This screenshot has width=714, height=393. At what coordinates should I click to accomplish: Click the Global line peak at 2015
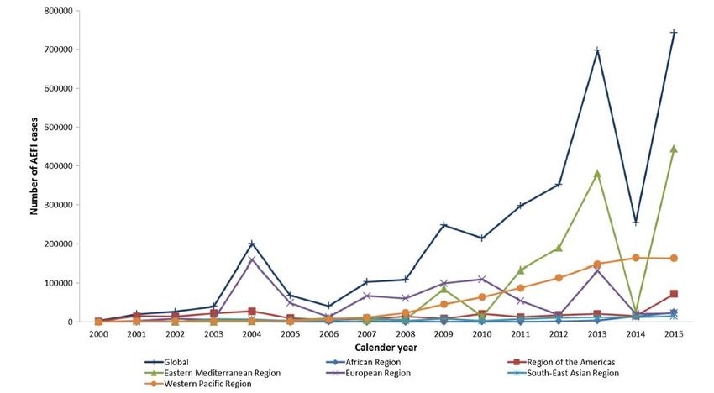674,33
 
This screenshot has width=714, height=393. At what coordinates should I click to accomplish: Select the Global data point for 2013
597,50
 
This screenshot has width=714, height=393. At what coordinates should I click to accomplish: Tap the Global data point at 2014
635,222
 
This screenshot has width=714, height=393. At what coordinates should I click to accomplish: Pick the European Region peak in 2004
252,259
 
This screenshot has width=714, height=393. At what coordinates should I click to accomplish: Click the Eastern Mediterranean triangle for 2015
674,149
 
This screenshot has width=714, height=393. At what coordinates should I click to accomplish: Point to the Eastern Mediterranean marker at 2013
597,174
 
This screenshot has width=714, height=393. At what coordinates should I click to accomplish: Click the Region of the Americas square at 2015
674,294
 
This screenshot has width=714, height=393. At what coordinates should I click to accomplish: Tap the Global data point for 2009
443,225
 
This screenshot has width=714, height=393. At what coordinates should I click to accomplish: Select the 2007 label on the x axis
366,334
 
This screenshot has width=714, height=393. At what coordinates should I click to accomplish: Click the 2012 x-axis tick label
559,334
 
